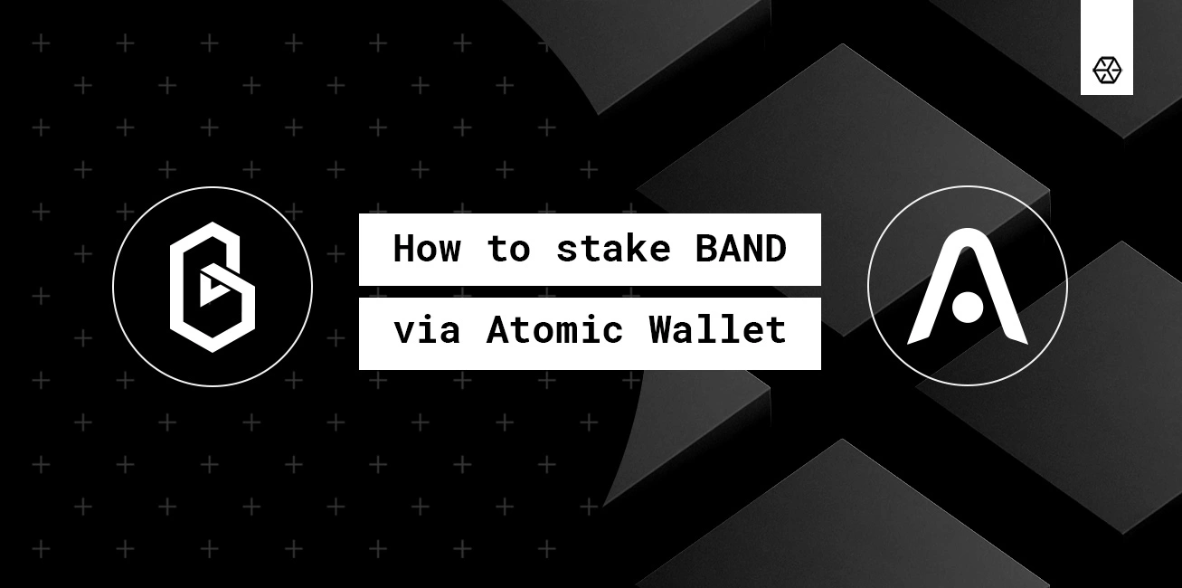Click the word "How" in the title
click(x=427, y=249)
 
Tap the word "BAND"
click(x=741, y=249)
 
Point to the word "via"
click(x=427, y=330)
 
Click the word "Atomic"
click(x=555, y=330)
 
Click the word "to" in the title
click(x=508, y=249)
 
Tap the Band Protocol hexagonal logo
click(x=213, y=287)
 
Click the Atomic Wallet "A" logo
click(x=967, y=287)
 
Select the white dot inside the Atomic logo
click(x=967, y=308)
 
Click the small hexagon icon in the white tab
click(x=1107, y=70)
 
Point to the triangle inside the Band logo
click(x=214, y=288)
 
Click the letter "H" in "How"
click(x=404, y=249)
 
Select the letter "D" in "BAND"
click(x=775, y=249)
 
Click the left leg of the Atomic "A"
click(x=924, y=312)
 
